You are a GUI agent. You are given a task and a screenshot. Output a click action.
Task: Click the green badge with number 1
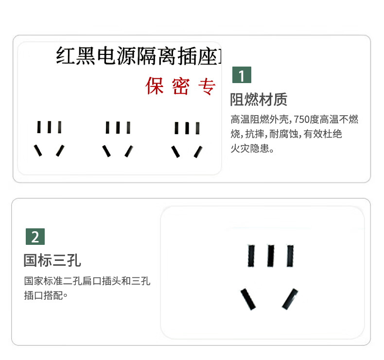coord(242,75)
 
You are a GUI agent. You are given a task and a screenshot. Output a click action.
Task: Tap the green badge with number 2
coord(35,237)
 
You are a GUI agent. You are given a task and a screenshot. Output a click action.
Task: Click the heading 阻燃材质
coord(259,100)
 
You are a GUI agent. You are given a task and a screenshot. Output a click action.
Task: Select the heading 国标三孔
coord(52,260)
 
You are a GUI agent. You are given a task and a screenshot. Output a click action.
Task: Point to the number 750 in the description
coord(301,120)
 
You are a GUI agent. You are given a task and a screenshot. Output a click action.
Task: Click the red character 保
coord(155,86)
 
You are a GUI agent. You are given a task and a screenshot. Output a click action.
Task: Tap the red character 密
coord(181,86)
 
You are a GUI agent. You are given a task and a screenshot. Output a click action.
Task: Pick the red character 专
coord(207,86)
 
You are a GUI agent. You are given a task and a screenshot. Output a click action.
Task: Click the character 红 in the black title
coord(66,56)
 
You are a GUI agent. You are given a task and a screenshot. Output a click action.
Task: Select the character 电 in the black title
coord(106,56)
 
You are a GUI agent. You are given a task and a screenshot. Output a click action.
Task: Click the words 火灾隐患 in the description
coord(250,148)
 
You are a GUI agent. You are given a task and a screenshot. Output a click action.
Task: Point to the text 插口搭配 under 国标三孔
coord(43,295)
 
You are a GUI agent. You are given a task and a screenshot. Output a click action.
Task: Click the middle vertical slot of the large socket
coord(271,256)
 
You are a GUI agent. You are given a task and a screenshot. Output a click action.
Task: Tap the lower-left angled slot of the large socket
coord(248,299)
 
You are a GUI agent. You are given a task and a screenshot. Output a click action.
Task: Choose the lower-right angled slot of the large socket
coord(290,299)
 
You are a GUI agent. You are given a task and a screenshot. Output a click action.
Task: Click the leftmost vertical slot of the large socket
coord(251,256)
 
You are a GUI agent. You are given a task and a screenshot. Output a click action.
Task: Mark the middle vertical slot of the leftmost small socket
coord(49,127)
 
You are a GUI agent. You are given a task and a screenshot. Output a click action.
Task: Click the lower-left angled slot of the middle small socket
coord(106,151)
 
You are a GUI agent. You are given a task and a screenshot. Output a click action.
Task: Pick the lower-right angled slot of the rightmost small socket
coord(198,152)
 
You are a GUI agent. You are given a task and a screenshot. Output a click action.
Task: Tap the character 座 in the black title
coord(208,56)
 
